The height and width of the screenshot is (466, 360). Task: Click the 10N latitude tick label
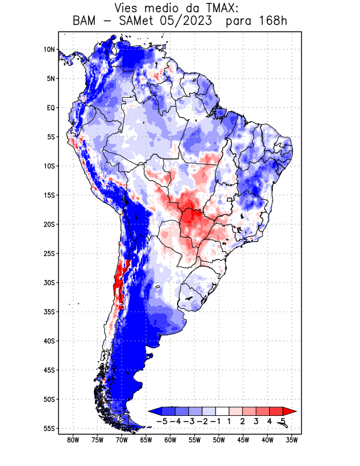49,50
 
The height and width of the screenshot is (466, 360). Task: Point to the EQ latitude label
50,108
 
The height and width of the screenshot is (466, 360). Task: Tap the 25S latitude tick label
49,253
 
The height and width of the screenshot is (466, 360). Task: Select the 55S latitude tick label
49,428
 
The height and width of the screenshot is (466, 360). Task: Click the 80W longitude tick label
73,440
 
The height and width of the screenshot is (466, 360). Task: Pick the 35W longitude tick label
292,440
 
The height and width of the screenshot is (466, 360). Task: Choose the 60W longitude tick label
170,440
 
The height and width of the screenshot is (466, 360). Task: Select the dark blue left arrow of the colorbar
155,411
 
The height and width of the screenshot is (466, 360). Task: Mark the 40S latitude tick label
49,341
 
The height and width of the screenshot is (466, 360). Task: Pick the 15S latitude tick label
49,195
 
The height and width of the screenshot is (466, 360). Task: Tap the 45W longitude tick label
243,440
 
